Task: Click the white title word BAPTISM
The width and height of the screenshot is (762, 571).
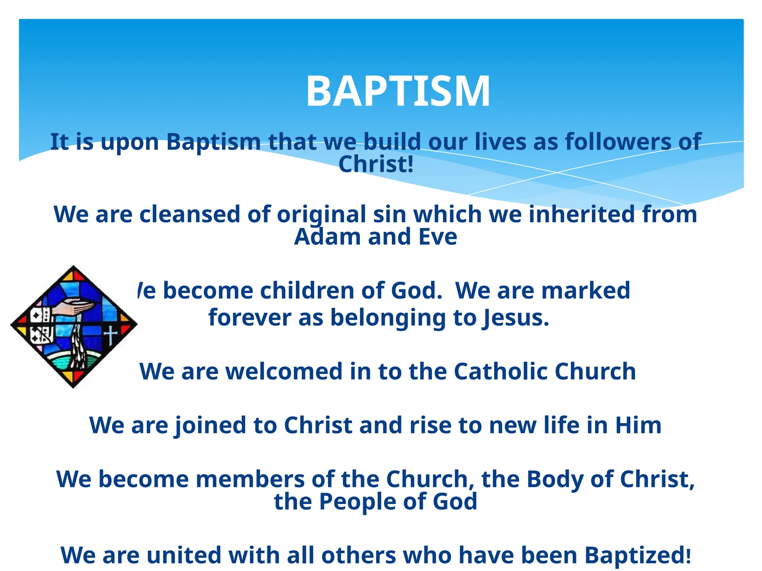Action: [x=398, y=91]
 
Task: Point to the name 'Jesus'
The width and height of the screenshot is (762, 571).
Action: [x=515, y=318]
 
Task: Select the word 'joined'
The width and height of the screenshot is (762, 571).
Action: [x=210, y=425]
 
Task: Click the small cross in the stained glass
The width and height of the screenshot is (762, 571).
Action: [x=111, y=333]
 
